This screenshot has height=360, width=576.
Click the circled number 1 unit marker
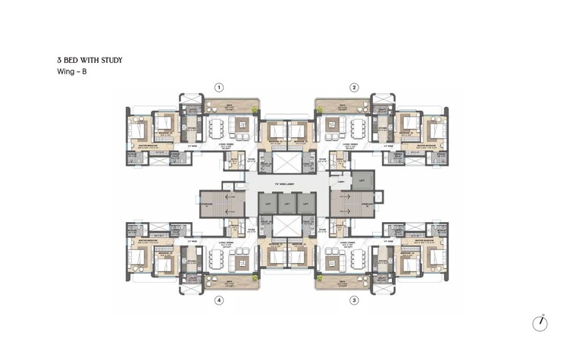pos(219,87)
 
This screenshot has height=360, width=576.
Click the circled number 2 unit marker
pos(354,87)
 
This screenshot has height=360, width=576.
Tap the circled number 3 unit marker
pos(354,300)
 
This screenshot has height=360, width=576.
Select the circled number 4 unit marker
pos(219,300)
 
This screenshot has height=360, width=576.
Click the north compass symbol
pos(540,323)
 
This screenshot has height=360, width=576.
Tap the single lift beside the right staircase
pos(362,181)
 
